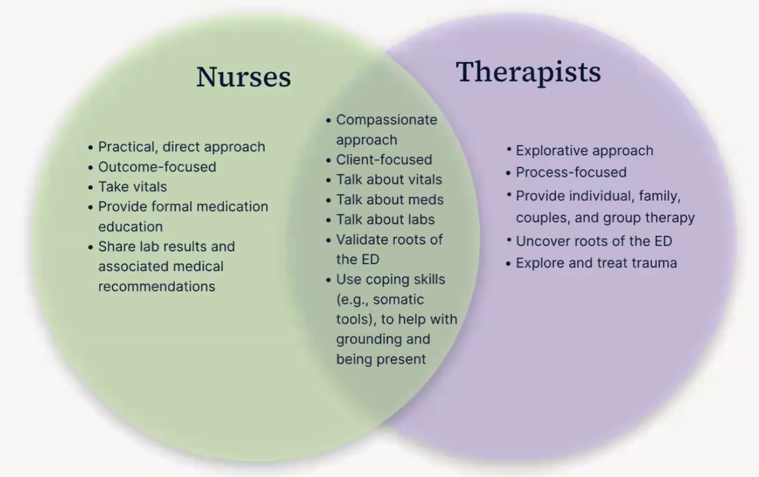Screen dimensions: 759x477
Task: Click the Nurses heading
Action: [243, 77]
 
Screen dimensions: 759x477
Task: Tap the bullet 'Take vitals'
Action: [132, 187]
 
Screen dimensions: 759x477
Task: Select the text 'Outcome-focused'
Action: [157, 167]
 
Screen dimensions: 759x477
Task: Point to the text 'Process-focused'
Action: [571, 172]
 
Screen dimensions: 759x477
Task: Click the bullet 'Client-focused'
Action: [384, 159]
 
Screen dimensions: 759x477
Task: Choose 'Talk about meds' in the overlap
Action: [390, 200]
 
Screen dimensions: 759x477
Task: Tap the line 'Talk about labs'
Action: [385, 219]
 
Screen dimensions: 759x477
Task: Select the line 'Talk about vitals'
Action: [389, 179]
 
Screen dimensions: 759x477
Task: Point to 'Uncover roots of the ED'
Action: [593, 241]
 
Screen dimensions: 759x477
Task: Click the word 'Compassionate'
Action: [386, 120]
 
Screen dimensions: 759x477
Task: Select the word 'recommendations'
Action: [156, 286]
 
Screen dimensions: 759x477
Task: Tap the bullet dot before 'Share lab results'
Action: [91, 247]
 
